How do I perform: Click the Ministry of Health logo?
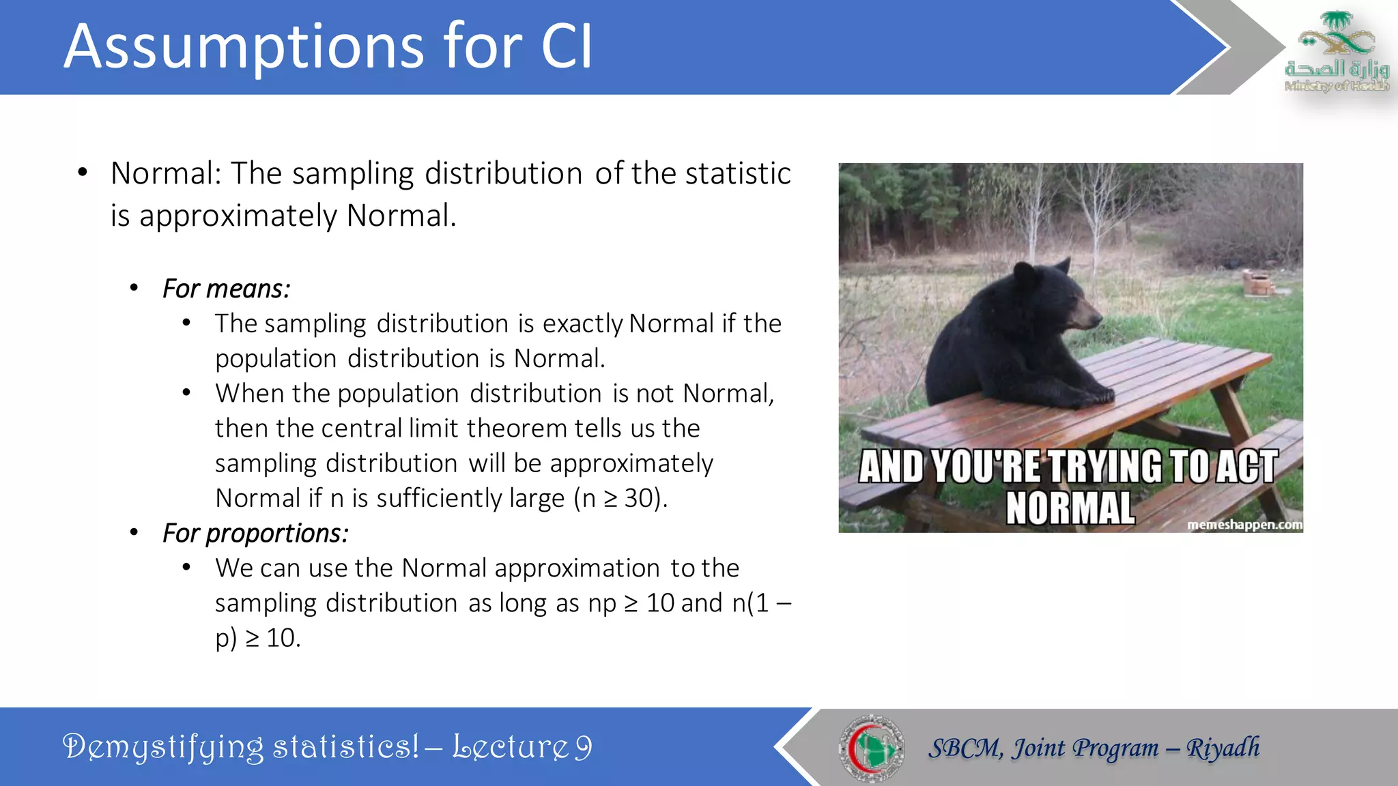pyautogui.click(x=1336, y=52)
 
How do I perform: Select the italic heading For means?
pyautogui.click(x=226, y=289)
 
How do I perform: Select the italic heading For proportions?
pyautogui.click(x=255, y=533)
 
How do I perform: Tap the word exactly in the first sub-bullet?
pyautogui.click(x=582, y=323)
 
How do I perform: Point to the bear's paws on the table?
pyautogui.click(x=1092, y=396)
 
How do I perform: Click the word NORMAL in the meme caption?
pyautogui.click(x=1070, y=508)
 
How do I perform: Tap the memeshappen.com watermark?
pyautogui.click(x=1244, y=525)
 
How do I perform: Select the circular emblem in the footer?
pyautogui.click(x=871, y=748)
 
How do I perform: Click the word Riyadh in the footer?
pyautogui.click(x=1223, y=748)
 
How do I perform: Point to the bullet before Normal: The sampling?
pyautogui.click(x=83, y=173)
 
